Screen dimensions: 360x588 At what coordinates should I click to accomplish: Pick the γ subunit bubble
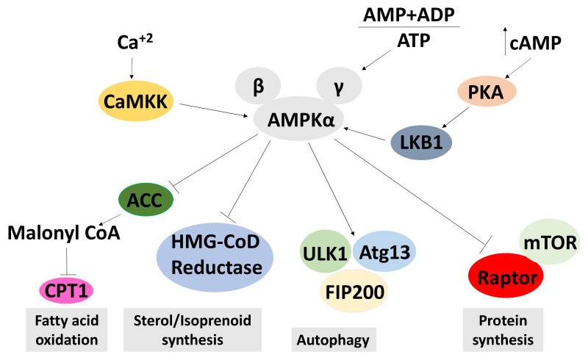coord(338,87)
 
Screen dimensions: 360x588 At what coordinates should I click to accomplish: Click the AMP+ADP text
coord(408,15)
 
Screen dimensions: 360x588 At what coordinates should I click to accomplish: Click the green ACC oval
coord(146,199)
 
